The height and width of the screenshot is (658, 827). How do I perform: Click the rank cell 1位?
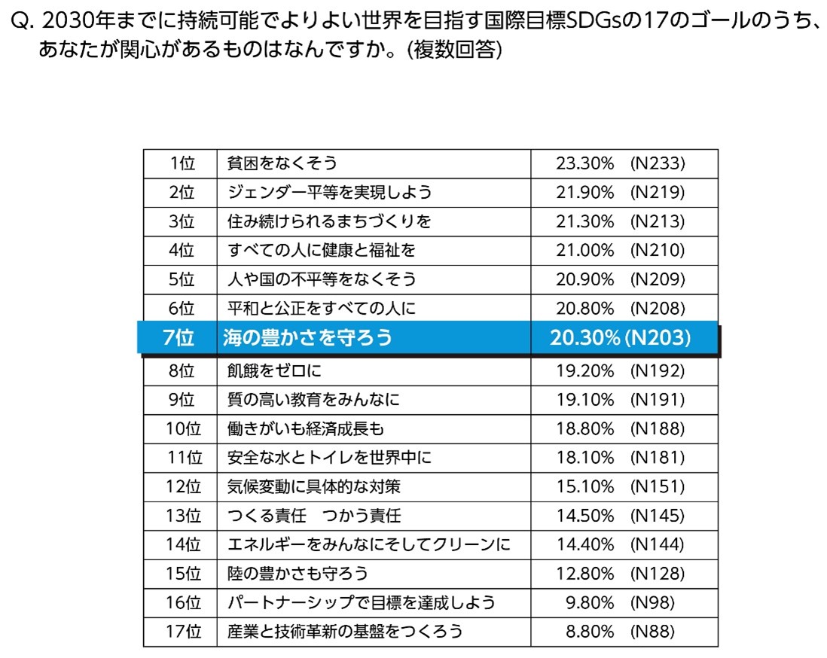(182, 163)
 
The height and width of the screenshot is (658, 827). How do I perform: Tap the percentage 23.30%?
(584, 163)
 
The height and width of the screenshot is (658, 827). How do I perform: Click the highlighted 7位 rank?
(179, 338)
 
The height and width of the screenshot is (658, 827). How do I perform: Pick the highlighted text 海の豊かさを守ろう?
(308, 338)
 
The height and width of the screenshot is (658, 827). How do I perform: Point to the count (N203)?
(657, 338)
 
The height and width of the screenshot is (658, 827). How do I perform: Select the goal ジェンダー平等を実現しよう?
(330, 192)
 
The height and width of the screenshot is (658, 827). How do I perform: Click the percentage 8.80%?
(589, 632)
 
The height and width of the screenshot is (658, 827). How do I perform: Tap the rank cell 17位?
(183, 632)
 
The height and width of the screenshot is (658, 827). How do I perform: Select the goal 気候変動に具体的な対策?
(313, 486)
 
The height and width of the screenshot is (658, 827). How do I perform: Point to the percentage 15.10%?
(584, 486)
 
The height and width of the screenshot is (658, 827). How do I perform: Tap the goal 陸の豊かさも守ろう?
(298, 574)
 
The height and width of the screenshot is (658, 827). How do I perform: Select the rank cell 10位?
(183, 428)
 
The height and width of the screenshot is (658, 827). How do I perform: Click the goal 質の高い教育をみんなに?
(313, 400)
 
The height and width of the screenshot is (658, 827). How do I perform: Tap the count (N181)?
(657, 458)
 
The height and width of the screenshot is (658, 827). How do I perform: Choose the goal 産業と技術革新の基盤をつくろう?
(345, 632)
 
